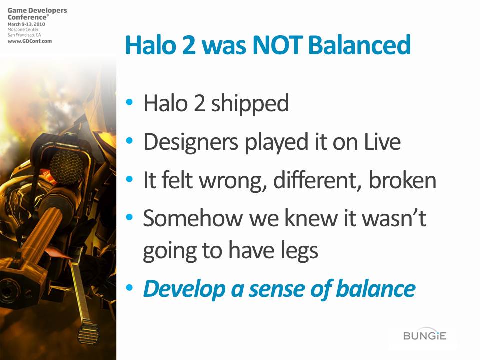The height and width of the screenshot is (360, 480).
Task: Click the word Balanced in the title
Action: pyautogui.click(x=359, y=45)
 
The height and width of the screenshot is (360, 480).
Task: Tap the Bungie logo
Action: pyautogui.click(x=425, y=335)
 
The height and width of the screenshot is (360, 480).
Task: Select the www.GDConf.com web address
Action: pyautogui.click(x=30, y=41)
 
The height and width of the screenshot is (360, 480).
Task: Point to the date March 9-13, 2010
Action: pyautogui.click(x=26, y=24)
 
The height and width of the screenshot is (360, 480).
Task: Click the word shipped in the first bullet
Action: pyautogui.click(x=250, y=104)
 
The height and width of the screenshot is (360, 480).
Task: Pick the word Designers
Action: pyautogui.click(x=191, y=142)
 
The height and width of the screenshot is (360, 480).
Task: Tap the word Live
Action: pyautogui.click(x=382, y=142)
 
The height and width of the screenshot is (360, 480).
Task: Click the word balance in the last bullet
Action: pyautogui.click(x=376, y=288)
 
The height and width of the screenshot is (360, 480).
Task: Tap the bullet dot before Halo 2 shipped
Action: pyautogui.click(x=130, y=102)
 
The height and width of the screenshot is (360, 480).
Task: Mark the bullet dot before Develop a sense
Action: pyautogui.click(x=130, y=288)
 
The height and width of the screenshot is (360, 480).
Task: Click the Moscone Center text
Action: pyautogui.click(x=23, y=29)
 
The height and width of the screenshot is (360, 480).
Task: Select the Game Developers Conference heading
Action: pyautogui.click(x=37, y=14)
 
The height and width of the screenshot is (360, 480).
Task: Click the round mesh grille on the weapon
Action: pyautogui.click(x=66, y=167)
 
